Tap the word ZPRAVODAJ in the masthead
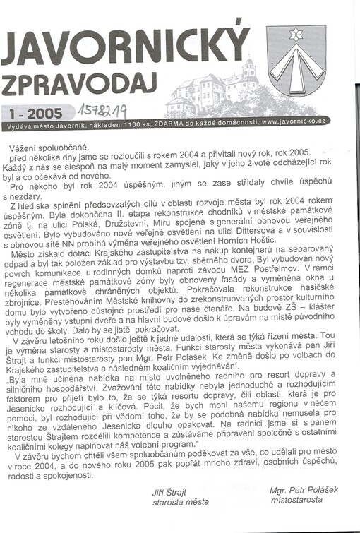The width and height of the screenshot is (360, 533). coord(78,85)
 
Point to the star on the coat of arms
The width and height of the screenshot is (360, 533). coord(296,35)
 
